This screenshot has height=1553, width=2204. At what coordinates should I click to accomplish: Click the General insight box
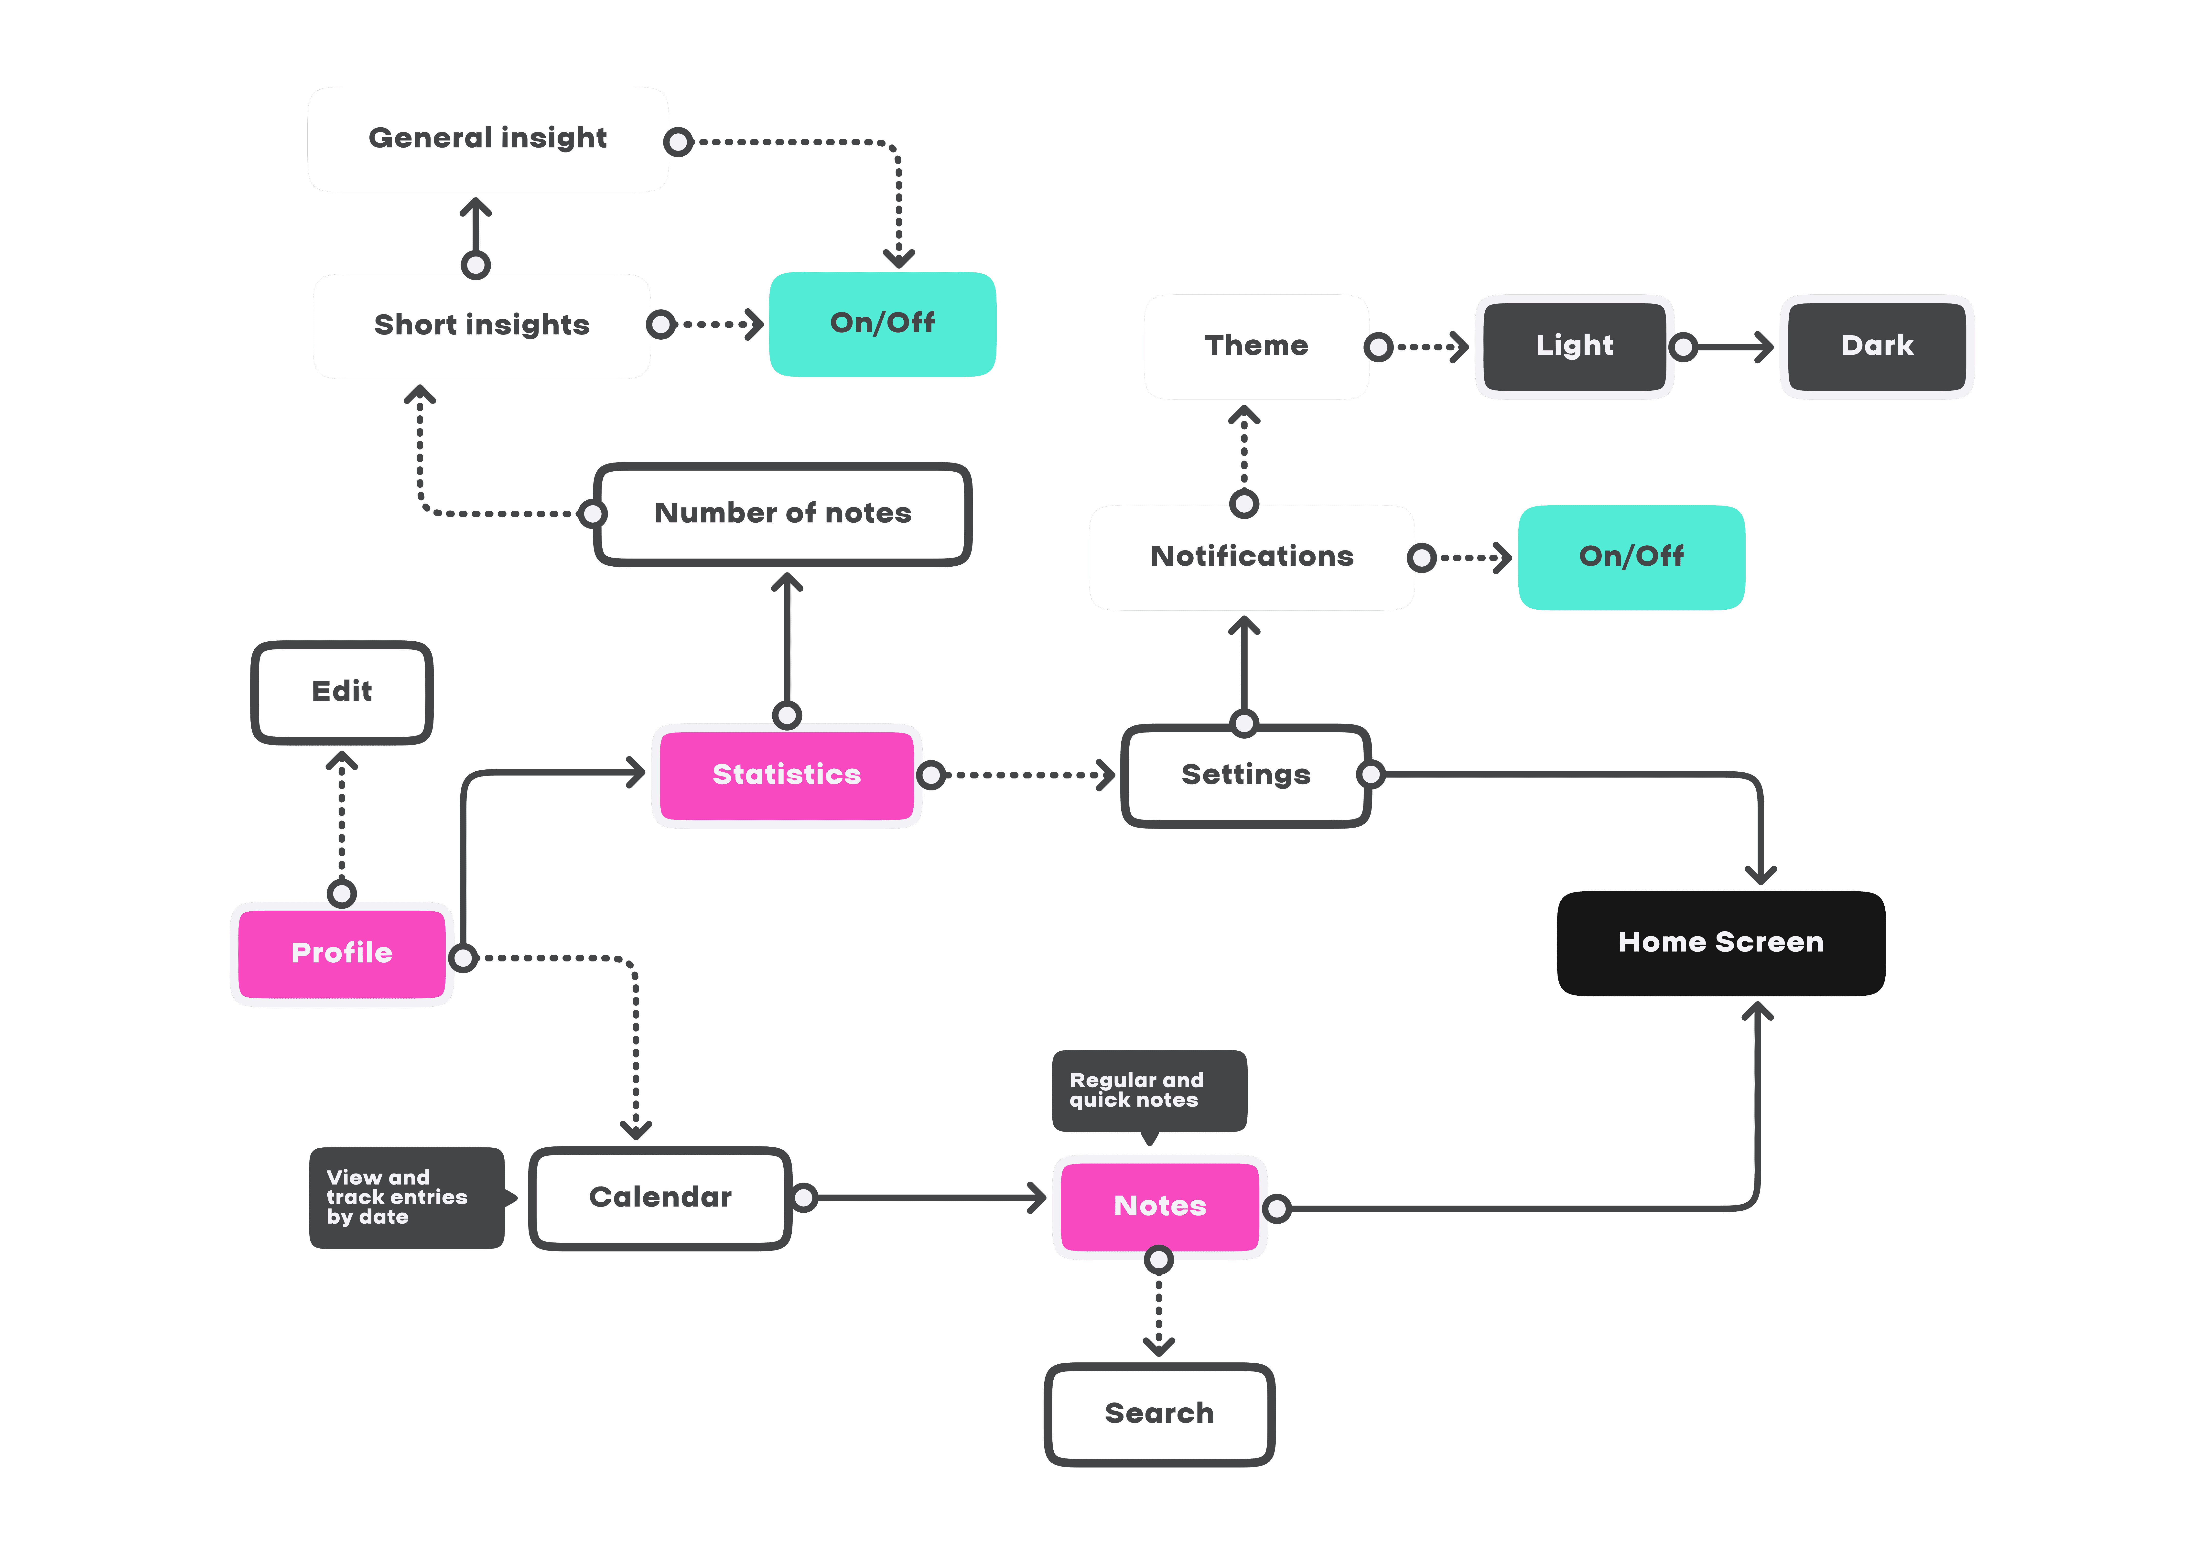click(x=488, y=139)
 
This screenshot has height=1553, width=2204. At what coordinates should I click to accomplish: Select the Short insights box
click(x=482, y=325)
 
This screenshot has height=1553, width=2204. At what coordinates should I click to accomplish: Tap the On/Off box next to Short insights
click(x=882, y=324)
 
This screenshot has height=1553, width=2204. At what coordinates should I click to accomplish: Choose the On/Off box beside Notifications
click(x=1631, y=557)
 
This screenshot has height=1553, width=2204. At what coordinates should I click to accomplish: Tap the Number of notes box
click(x=782, y=514)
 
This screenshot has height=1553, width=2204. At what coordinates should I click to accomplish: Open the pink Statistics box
click(x=786, y=775)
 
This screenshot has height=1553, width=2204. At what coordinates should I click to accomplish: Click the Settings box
click(x=1245, y=775)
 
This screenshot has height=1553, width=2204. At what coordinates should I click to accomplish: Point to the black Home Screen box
click(x=1720, y=943)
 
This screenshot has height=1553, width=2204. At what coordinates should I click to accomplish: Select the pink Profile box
click(x=342, y=953)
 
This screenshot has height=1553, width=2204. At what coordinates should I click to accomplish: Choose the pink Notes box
click(x=1160, y=1207)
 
